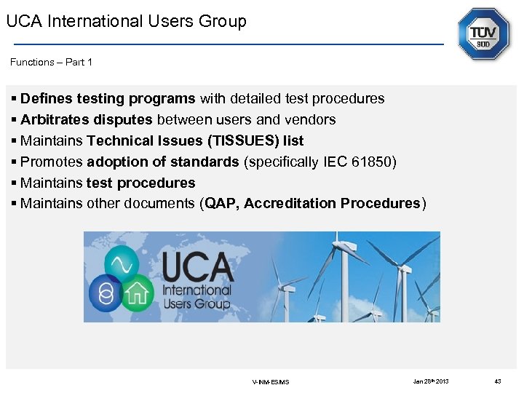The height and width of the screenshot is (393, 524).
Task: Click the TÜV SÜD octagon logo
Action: tap(483, 34)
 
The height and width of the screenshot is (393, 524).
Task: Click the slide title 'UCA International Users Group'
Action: tap(127, 21)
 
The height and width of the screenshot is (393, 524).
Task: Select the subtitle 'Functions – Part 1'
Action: tap(51, 62)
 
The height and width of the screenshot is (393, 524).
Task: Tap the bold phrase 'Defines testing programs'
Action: tap(108, 98)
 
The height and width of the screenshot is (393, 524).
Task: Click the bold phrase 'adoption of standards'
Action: tap(163, 162)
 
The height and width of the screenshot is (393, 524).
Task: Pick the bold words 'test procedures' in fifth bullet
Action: tap(141, 183)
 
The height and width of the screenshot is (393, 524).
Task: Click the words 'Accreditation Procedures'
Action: tap(333, 203)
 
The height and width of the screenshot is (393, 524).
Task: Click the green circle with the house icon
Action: tap(136, 293)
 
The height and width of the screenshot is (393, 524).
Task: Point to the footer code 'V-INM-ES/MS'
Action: tap(270, 381)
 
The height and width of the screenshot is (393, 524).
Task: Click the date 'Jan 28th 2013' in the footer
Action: tap(431, 381)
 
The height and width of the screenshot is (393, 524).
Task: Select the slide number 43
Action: tap(498, 381)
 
